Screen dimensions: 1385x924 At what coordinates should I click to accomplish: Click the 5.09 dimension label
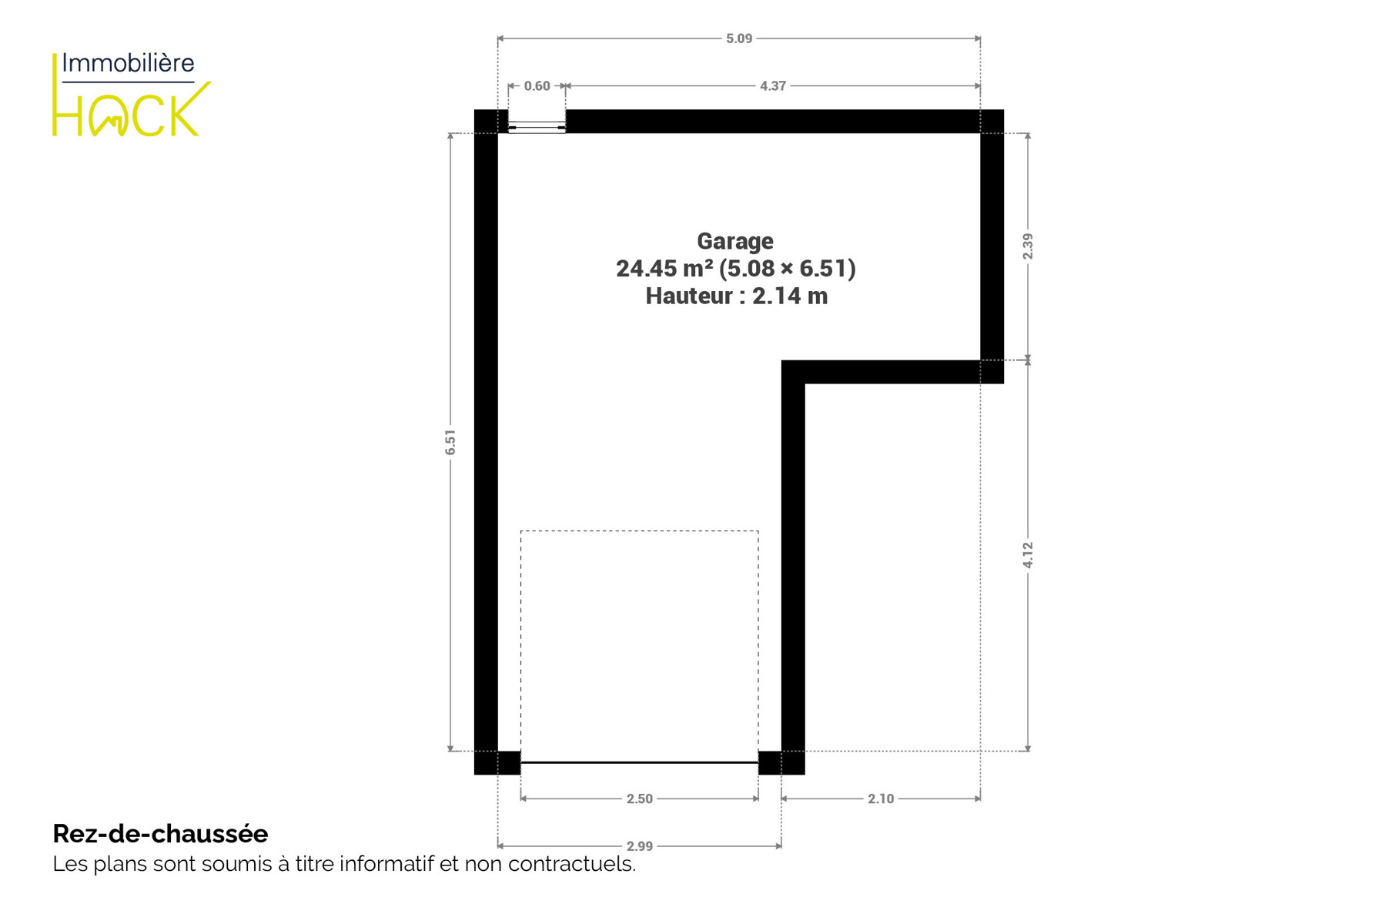tap(738, 38)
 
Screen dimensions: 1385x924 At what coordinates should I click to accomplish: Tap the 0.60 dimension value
tap(537, 86)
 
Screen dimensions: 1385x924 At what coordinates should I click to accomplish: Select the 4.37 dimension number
tap(772, 86)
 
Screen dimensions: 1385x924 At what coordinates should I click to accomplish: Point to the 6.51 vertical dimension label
tap(450, 442)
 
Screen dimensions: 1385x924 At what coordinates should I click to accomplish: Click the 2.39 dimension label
tap(1028, 246)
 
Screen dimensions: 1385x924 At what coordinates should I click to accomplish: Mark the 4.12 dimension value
tap(1028, 555)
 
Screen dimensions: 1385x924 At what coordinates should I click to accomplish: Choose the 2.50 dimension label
tap(639, 799)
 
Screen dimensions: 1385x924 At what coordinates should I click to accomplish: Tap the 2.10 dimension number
tap(881, 799)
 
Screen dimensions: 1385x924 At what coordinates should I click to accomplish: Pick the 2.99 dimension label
tap(639, 847)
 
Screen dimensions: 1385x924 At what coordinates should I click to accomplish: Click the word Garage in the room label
tap(735, 242)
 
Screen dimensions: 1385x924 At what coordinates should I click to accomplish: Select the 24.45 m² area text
tap(664, 269)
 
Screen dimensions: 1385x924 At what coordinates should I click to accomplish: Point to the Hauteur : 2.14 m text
tap(737, 296)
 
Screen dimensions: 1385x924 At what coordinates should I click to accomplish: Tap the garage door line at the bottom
tap(639, 762)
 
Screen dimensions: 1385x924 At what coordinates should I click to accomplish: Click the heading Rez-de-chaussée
tap(160, 834)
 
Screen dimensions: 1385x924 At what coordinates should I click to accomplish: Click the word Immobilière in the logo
tap(128, 63)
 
